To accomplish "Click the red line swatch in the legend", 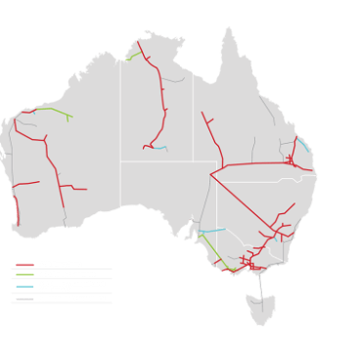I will tap(24, 265).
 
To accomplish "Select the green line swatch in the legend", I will tap(24, 275).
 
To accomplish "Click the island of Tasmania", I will tap(261, 307).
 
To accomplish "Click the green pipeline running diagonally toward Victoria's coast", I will tap(209, 247).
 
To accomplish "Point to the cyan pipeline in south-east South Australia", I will tap(212, 231).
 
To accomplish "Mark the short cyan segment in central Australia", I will tap(163, 149).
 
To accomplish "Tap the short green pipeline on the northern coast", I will tap(128, 58).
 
